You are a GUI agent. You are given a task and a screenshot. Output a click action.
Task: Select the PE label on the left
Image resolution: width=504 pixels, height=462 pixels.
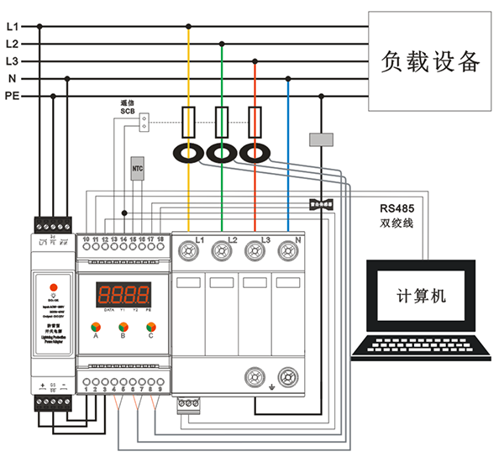12,97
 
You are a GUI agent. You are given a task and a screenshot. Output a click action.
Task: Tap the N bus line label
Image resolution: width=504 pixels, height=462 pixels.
12,79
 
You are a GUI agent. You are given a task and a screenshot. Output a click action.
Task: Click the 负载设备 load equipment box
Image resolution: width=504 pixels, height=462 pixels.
430,61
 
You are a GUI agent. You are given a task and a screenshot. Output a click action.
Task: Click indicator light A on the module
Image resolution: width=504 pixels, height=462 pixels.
97,327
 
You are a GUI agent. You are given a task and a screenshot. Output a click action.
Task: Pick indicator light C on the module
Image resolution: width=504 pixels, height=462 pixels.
151,327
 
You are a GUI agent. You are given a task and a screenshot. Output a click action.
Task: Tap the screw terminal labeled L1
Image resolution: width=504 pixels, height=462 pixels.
189,249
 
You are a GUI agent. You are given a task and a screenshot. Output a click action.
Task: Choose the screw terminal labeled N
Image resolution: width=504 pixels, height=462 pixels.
288,249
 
